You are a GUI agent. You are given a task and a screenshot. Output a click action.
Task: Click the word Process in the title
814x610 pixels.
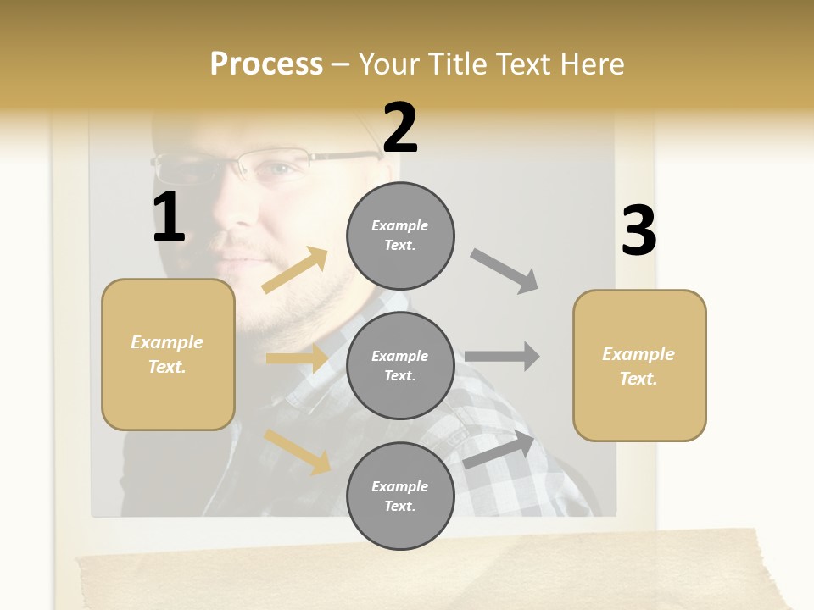(266, 64)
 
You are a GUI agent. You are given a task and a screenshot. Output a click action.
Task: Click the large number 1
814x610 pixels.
(169, 218)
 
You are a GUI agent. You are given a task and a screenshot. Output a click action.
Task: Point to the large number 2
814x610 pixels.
(400, 127)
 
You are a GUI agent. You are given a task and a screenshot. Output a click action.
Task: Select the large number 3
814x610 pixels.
(638, 231)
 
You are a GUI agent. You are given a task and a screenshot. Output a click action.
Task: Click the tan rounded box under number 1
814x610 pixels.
(168, 354)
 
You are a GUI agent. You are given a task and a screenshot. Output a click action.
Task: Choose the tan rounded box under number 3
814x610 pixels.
(639, 365)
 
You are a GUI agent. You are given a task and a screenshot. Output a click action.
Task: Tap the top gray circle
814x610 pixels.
(400, 236)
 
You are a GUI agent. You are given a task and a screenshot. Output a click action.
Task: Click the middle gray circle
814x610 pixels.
(400, 365)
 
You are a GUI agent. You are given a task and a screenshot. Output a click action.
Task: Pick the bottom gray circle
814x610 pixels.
(400, 496)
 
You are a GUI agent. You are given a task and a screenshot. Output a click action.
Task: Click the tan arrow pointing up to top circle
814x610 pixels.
(295, 270)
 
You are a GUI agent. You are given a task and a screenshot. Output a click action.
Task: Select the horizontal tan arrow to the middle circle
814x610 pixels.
(297, 358)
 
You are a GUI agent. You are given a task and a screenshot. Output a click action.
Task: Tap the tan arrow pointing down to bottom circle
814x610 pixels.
(298, 451)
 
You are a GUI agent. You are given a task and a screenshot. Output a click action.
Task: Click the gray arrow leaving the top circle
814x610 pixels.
(505, 271)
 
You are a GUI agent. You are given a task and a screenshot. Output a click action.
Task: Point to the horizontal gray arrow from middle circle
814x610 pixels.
(502, 357)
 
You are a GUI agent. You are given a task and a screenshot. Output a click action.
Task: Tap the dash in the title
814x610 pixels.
(341, 64)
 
